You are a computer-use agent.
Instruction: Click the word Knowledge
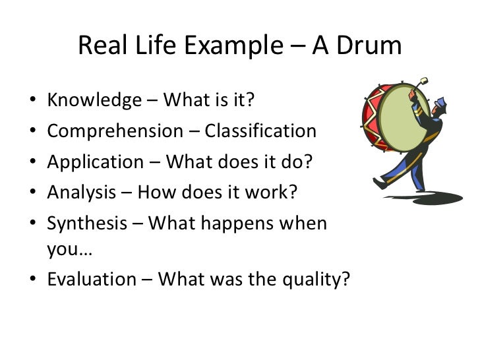pyautogui.click(x=94, y=101)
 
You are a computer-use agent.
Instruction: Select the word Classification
pyautogui.click(x=260, y=131)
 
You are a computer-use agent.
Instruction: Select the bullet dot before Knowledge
pyautogui.click(x=32, y=102)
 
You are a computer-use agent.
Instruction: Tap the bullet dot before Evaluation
pyautogui.click(x=32, y=280)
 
